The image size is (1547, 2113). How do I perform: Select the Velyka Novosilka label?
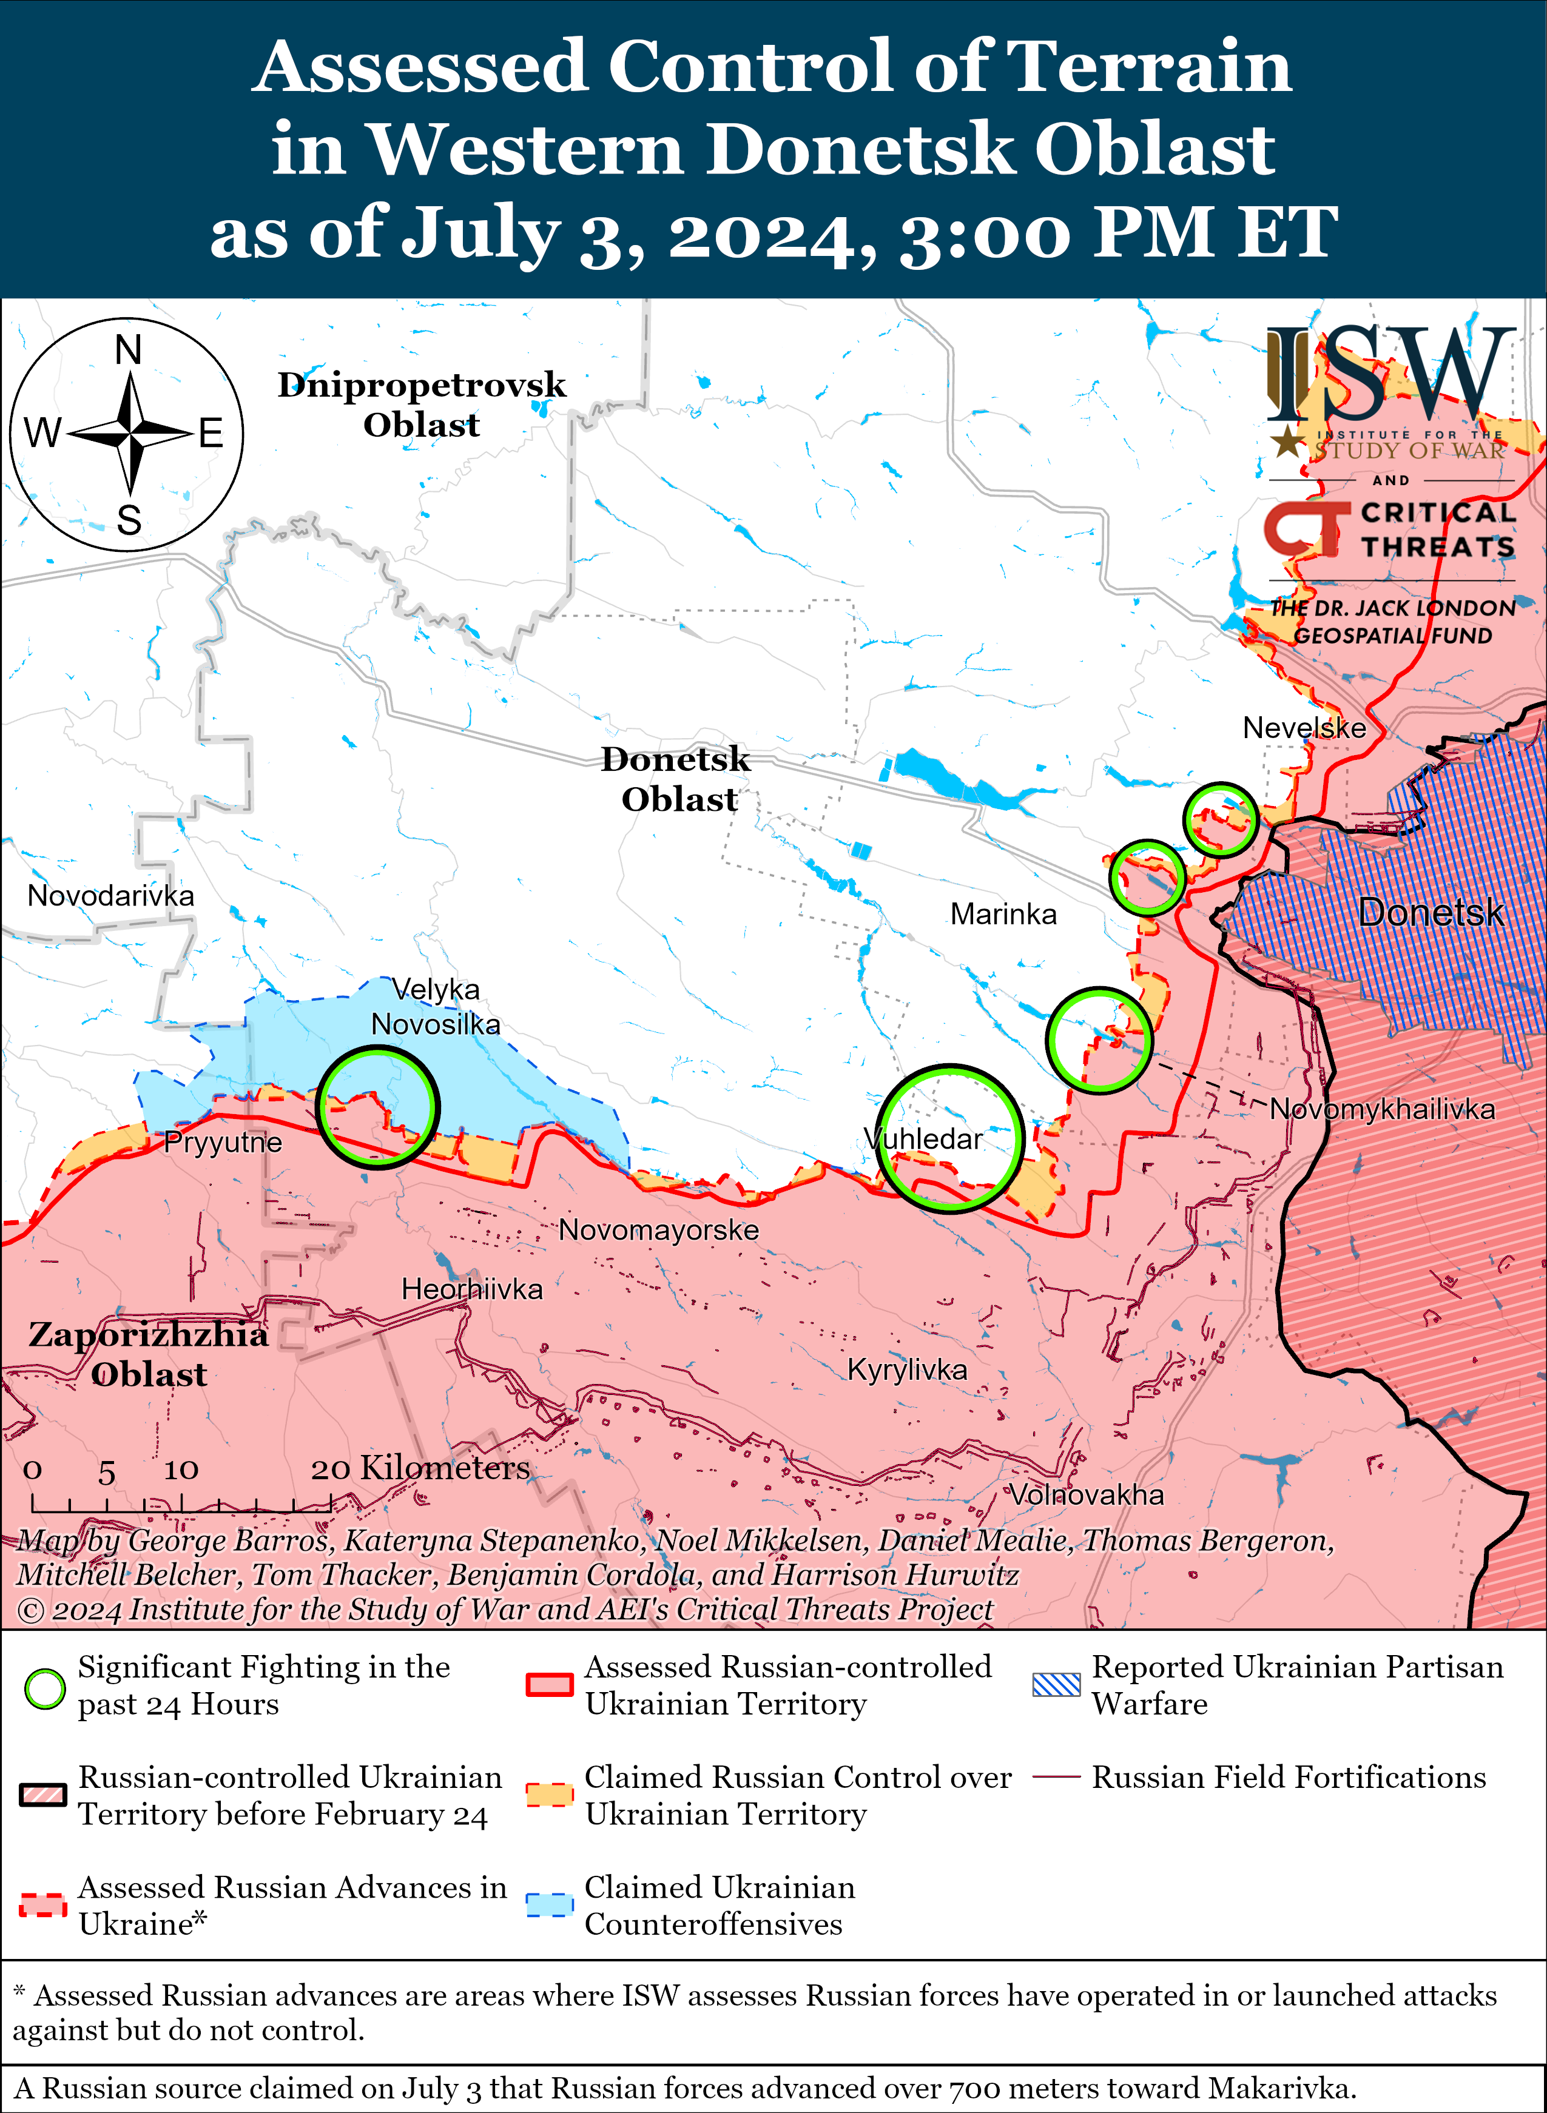[x=436, y=1006]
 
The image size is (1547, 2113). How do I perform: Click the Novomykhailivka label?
[x=1382, y=1109]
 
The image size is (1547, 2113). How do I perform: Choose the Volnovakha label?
[x=1087, y=1494]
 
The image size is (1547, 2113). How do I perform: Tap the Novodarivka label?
[x=110, y=895]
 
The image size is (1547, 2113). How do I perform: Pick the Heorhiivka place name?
[x=472, y=1289]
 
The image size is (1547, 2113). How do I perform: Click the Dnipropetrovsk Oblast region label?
[x=422, y=405]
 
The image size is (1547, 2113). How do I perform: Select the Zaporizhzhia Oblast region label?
[x=148, y=1354]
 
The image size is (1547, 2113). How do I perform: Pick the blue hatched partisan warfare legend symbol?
[x=1056, y=1685]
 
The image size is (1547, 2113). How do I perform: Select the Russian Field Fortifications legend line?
[x=1056, y=1777]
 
